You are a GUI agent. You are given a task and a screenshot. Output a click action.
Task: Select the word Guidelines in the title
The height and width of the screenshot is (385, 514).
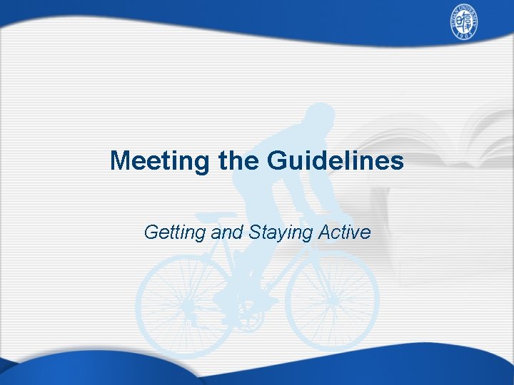tap(336, 161)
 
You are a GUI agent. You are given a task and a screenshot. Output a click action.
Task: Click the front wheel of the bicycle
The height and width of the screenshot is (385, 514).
tap(332, 299)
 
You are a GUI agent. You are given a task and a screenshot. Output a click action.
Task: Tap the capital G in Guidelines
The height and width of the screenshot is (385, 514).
tap(277, 161)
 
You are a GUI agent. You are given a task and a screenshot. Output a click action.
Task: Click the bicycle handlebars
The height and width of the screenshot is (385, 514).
tap(343, 217)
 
